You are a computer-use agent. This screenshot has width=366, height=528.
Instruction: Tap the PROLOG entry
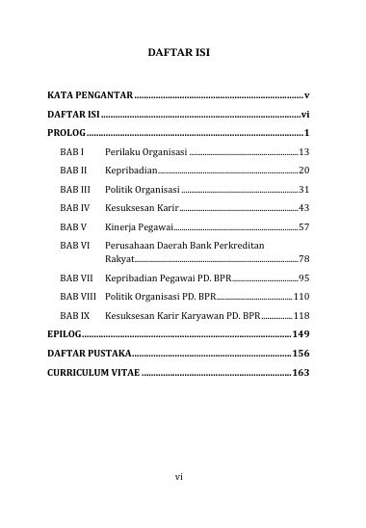65,132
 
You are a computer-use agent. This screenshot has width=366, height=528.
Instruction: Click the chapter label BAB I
72,152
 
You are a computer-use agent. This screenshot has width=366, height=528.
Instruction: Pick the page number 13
303,152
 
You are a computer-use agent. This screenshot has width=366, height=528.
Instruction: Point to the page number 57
303,227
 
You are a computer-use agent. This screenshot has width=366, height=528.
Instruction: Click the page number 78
303,259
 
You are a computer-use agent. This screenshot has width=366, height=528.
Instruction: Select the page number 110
301,297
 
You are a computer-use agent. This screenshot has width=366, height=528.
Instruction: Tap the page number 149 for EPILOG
301,334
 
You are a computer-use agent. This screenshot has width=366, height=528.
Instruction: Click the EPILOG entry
64,334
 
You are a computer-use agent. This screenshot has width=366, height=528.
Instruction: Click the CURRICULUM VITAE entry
93,372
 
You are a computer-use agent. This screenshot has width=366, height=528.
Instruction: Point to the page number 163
301,372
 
